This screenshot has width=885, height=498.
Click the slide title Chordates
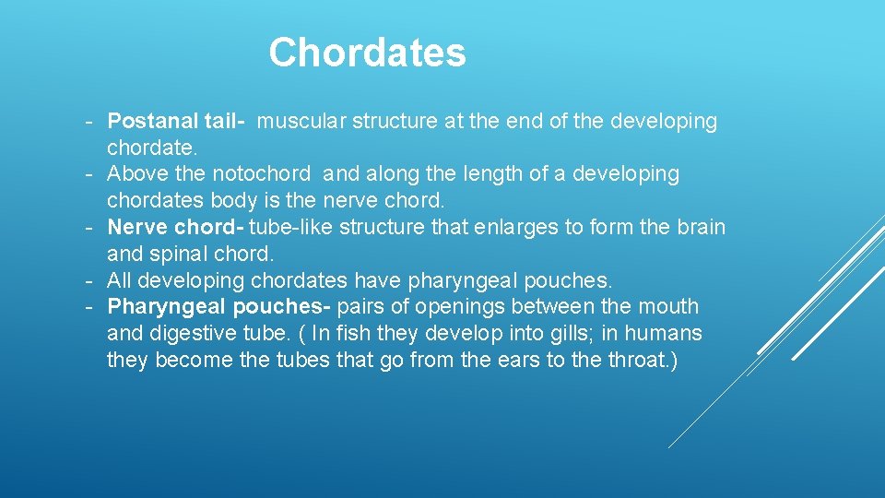tap(367, 53)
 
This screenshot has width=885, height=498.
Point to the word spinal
tap(184, 254)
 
